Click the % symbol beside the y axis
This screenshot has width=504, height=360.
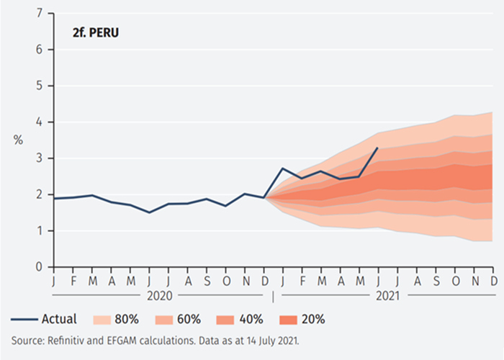click(x=18, y=140)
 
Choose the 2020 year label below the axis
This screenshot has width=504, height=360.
click(x=159, y=294)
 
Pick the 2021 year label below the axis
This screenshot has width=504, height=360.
click(x=387, y=294)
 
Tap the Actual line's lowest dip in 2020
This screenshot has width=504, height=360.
click(x=149, y=212)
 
